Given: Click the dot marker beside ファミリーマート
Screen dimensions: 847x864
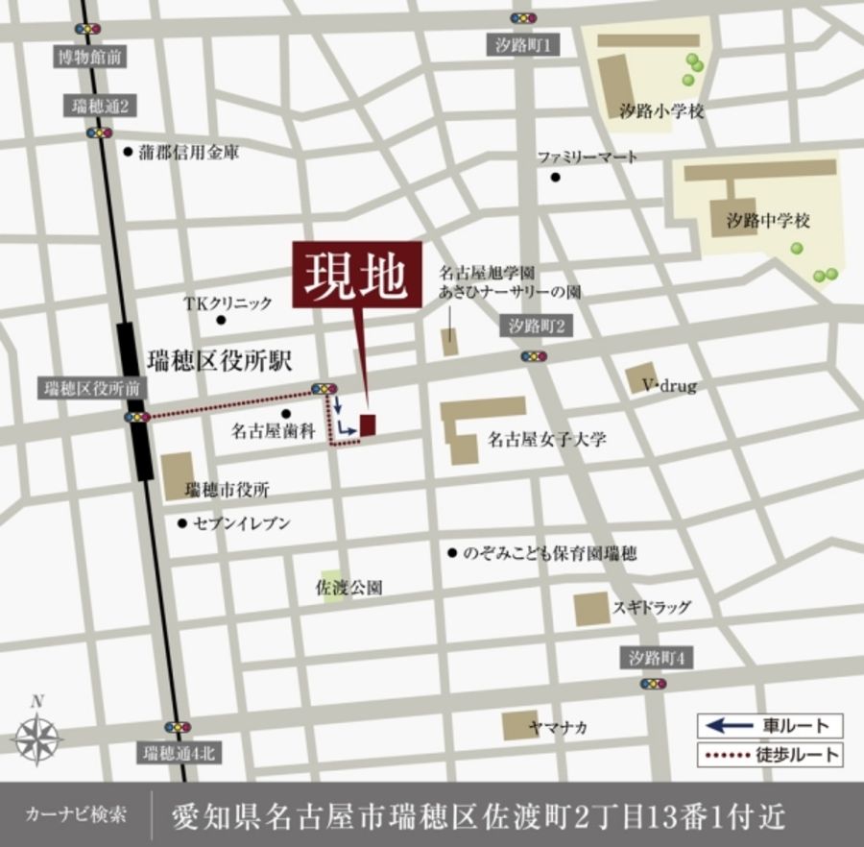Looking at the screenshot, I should point(555,177).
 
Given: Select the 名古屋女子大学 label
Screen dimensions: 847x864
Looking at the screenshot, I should point(547,440).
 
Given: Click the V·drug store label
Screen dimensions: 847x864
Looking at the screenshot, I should point(669,386).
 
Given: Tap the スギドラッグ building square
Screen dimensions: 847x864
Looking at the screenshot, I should point(591,608).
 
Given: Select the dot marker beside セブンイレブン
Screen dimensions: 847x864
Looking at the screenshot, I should point(181,523).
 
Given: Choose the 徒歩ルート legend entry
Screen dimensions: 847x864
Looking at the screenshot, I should point(769,755).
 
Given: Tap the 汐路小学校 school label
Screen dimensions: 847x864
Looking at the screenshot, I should point(661,111).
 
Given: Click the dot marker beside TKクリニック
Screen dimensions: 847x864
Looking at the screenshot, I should point(221,320).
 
